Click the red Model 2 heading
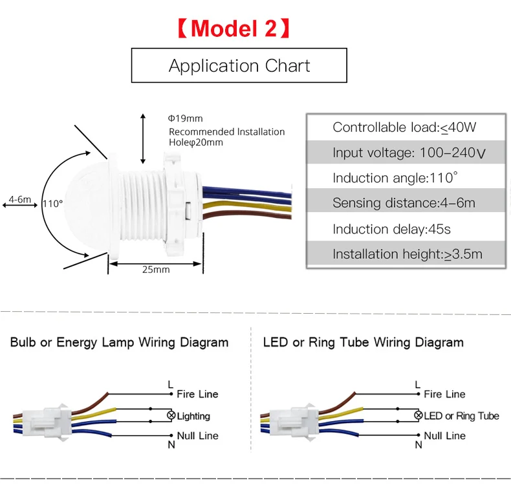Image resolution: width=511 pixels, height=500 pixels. (234, 29)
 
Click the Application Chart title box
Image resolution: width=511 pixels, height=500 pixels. (239, 66)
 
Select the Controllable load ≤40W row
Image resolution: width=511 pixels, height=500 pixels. (404, 127)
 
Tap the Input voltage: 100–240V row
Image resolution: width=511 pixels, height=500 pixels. (404, 153)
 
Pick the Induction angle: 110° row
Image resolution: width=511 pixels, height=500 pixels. (404, 178)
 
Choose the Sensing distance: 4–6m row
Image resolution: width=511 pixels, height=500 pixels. (404, 203)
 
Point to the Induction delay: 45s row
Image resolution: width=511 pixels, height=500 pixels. (404, 229)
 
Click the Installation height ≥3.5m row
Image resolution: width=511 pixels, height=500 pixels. (404, 254)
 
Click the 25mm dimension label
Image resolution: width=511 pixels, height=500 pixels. (156, 269)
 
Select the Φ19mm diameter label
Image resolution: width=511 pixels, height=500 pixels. (186, 118)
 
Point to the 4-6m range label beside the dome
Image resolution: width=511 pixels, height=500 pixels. (19, 200)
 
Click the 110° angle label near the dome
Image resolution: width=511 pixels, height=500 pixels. (52, 203)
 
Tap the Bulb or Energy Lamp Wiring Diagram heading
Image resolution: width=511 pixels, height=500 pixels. (119, 342)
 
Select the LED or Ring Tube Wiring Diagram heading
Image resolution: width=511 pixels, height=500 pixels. (363, 342)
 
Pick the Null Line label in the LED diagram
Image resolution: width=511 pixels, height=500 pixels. (444, 436)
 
